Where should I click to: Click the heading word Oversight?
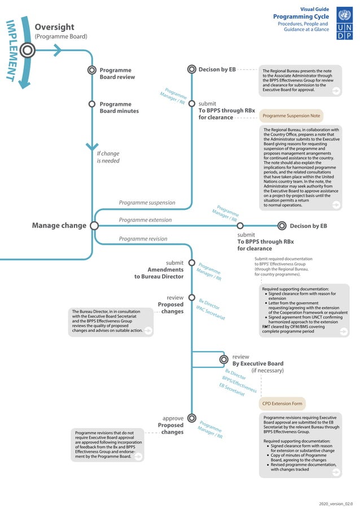pyautogui.click(x=54, y=27)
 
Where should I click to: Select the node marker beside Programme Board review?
pyautogui.click(x=91, y=71)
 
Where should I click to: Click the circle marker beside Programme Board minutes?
pyautogui.click(x=91, y=104)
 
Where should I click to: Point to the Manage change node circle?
pyautogui.click(x=94, y=225)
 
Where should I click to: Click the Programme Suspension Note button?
pyautogui.click(x=291, y=116)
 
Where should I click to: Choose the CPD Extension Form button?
pyautogui.click(x=282, y=403)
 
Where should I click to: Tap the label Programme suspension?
pyautogui.click(x=147, y=203)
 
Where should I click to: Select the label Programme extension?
pyautogui.click(x=145, y=220)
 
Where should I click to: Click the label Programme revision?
pyautogui.click(x=143, y=239)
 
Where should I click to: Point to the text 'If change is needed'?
pyautogui.click(x=108, y=157)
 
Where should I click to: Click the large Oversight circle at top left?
pyautogui.click(x=27, y=50)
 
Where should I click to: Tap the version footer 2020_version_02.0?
pyautogui.click(x=335, y=503)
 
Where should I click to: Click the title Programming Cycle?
pyautogui.click(x=300, y=17)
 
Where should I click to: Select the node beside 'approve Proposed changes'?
pyautogui.click(x=191, y=418)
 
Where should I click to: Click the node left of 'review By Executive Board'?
pyautogui.click(x=225, y=359)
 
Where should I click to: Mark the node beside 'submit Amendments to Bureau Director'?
pyautogui.click(x=191, y=263)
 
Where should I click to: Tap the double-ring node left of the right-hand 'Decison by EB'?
pyautogui.click(x=282, y=226)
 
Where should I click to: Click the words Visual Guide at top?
pyautogui.click(x=314, y=9)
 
